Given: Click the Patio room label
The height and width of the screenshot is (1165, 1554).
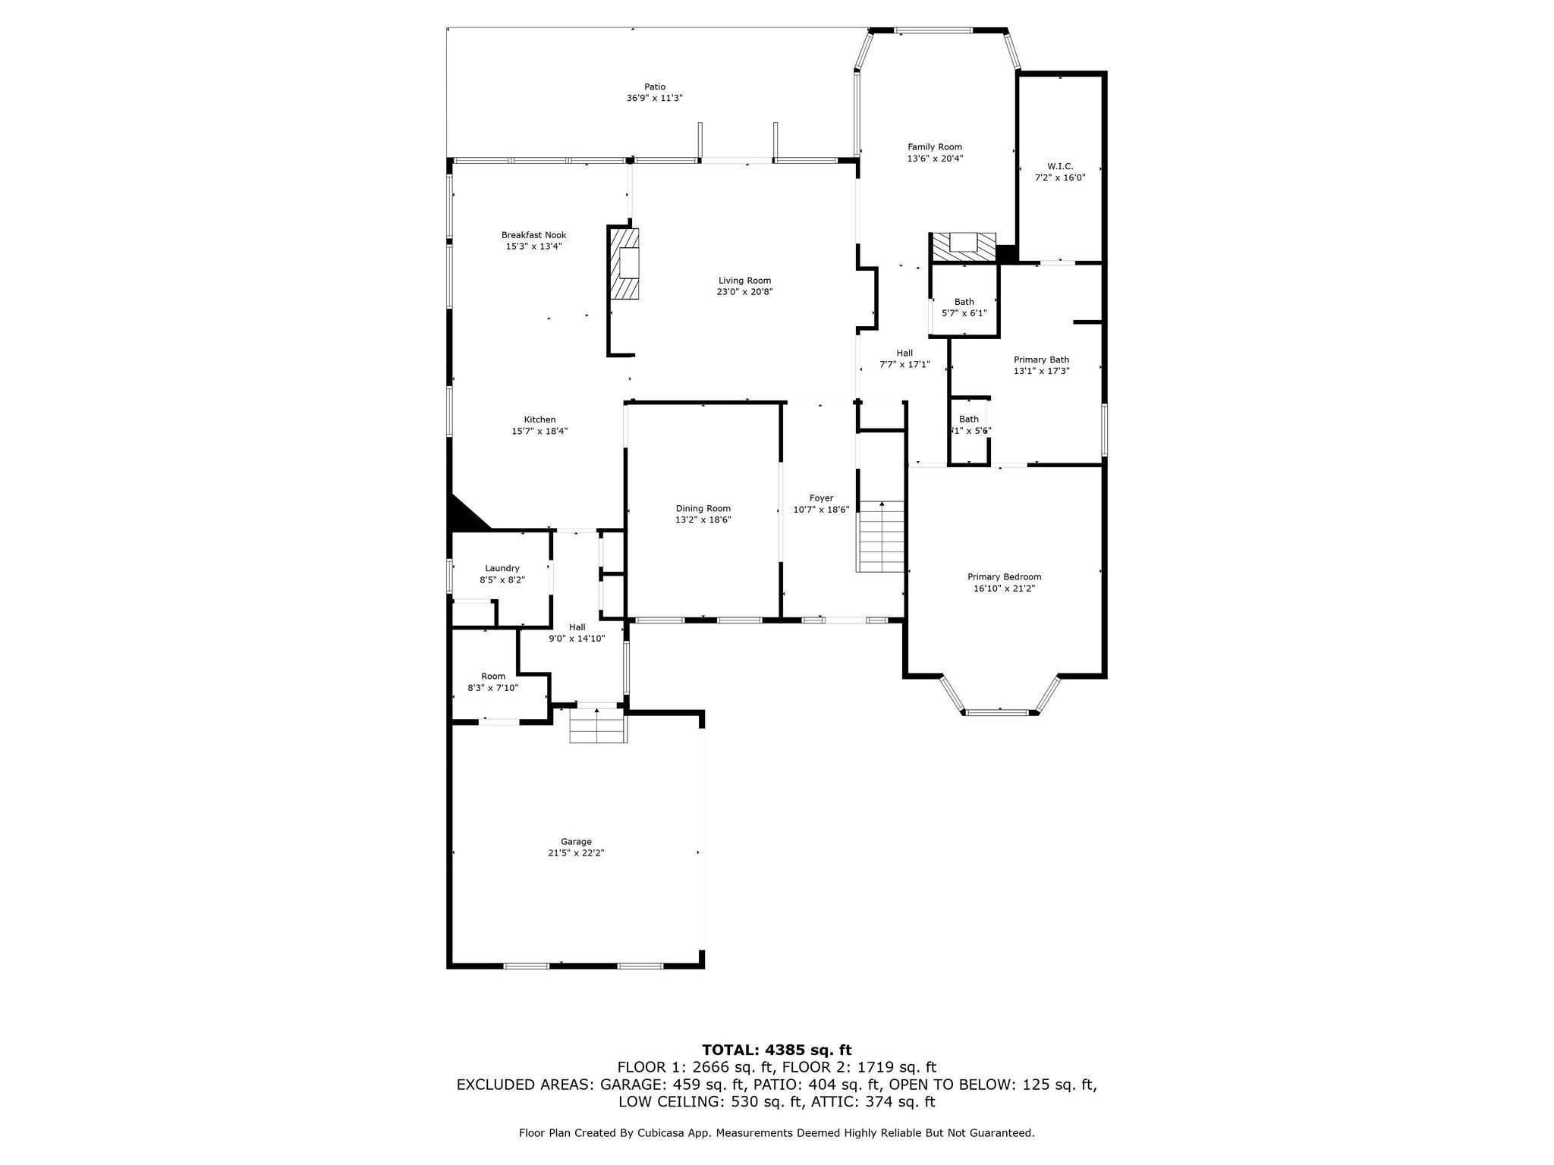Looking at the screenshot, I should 654,86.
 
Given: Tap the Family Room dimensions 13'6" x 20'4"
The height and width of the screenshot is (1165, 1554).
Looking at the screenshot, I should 935,159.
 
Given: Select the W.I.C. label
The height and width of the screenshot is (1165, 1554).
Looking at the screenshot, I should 1060,166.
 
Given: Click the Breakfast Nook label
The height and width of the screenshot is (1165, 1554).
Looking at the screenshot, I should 533,235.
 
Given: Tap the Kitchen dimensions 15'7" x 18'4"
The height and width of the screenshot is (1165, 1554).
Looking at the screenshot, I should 539,431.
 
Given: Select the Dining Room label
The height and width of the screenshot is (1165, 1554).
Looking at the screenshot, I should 703,508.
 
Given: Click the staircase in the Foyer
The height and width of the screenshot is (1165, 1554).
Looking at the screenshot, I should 881,537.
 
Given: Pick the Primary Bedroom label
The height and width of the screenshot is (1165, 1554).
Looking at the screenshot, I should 1004,576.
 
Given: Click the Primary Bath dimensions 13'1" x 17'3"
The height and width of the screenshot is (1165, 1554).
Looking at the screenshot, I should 1041,371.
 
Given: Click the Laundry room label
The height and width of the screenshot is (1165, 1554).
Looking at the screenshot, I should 502,568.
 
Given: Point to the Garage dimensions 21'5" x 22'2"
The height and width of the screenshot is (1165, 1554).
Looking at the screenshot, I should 576,853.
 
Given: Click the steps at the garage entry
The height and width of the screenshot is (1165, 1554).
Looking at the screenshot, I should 598,726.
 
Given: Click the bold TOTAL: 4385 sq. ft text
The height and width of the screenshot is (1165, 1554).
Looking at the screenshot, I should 776,1050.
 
